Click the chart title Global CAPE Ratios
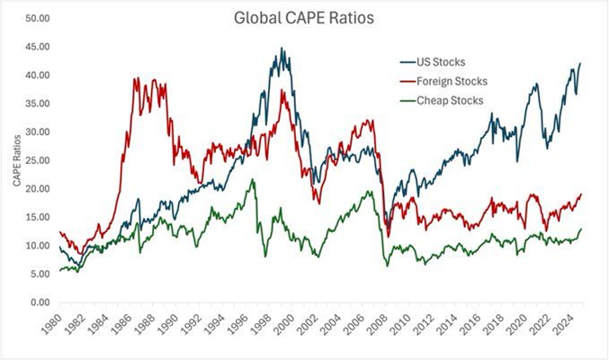(x=304, y=18)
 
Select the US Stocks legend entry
(x=433, y=62)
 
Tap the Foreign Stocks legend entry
(x=443, y=81)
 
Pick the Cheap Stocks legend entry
(x=442, y=101)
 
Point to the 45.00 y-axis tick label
(x=38, y=47)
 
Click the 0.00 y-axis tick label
(x=40, y=302)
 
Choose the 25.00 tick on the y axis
(x=38, y=160)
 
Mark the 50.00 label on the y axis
(x=38, y=18)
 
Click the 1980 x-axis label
(x=51, y=323)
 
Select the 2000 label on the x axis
(x=283, y=323)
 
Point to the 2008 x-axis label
(x=377, y=323)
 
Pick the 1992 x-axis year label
(x=191, y=323)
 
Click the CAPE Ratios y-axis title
(x=17, y=160)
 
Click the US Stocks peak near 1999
(x=282, y=49)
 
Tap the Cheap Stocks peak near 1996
(x=253, y=179)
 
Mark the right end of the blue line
(x=580, y=63)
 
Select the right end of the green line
(x=581, y=229)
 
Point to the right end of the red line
(x=581, y=194)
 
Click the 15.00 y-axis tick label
(x=38, y=217)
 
